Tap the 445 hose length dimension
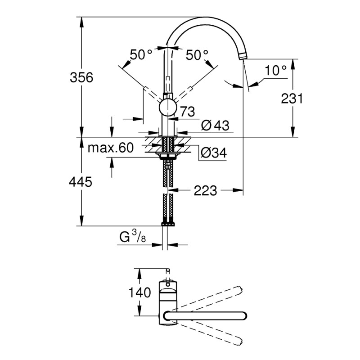pos(81,182)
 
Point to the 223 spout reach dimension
pos(205,191)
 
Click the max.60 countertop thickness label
pos(111,148)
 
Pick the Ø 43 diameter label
pos(216,126)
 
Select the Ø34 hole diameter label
pos(212,153)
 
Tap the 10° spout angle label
pos(275,70)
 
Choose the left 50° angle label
pos(141,55)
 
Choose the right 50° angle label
pos(198,55)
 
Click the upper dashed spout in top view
pos(211,297)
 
